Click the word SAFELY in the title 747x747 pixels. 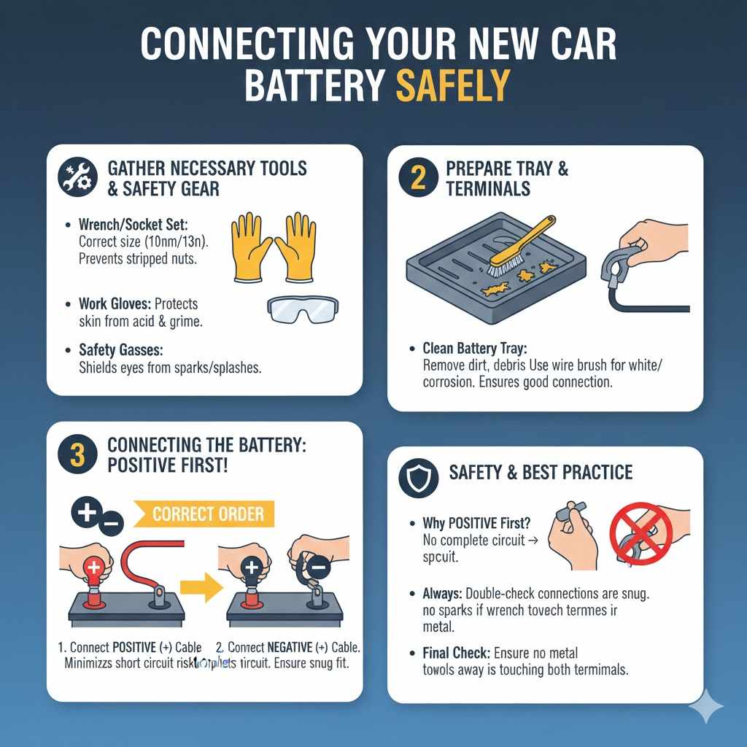click(452, 86)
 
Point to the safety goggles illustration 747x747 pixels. click(302, 309)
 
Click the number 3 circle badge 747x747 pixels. click(77, 454)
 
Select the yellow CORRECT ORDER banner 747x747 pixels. click(209, 514)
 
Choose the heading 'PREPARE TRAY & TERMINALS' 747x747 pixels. click(506, 179)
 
